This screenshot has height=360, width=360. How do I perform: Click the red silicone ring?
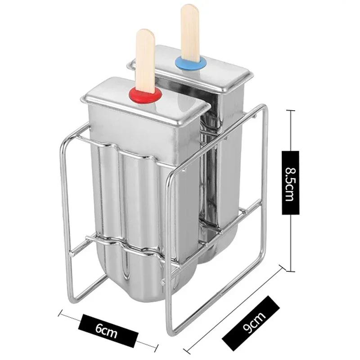coord(145,96)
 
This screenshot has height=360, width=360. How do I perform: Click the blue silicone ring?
coord(190,63)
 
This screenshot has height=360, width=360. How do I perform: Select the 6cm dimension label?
coord(108,328)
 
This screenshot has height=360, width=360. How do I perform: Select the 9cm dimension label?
coord(251,324)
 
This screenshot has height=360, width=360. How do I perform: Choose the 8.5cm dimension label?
coord(290,183)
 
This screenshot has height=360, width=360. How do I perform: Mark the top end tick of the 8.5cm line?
coord(290,111)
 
